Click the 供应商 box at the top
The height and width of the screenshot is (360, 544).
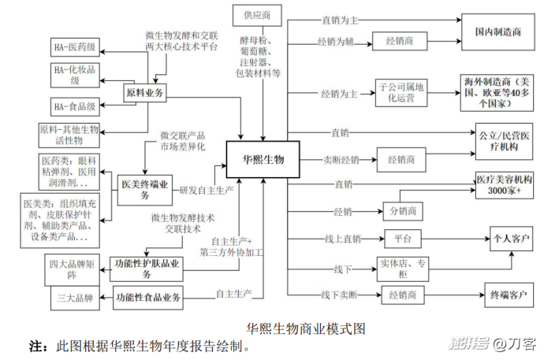tap(257, 15)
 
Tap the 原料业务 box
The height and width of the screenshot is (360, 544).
tap(145, 93)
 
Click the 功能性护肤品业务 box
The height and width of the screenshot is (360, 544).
tap(147, 268)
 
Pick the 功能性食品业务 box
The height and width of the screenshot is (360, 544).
tap(148, 298)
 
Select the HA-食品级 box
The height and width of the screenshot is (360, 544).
tap(74, 106)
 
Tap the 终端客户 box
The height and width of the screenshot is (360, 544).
tap(508, 296)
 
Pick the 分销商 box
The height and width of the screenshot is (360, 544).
tap(402, 211)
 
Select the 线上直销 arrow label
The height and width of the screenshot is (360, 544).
tap(340, 239)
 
